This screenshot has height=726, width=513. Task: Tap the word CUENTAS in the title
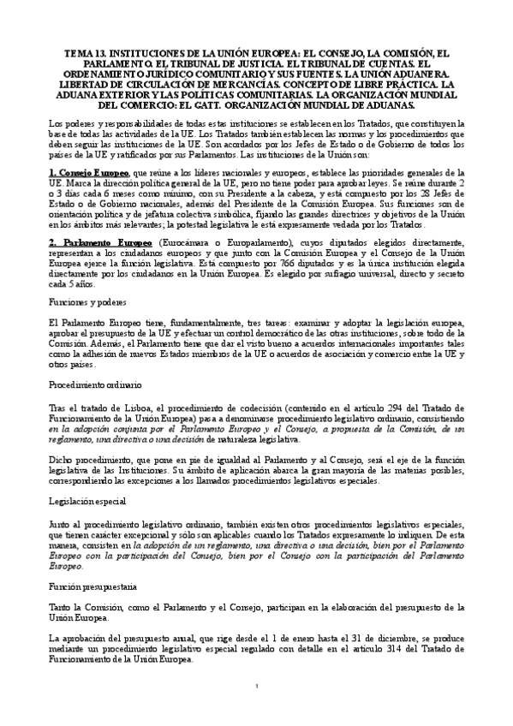pyautogui.click(x=394, y=63)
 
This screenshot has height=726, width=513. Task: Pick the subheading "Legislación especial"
pyautogui.click(x=88, y=499)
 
